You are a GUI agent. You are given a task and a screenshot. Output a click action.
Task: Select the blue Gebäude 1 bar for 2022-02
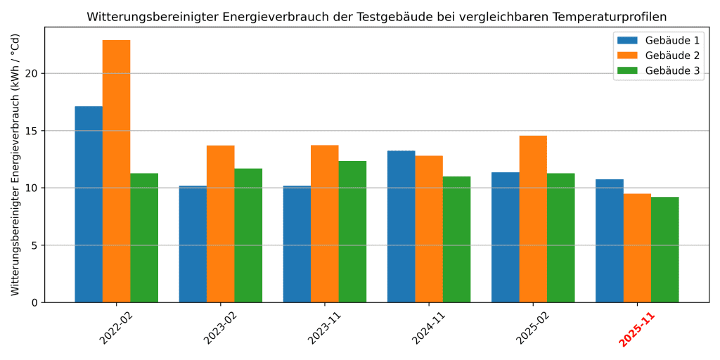click(89, 204)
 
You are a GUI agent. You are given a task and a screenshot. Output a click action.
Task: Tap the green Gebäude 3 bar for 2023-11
click(352, 231)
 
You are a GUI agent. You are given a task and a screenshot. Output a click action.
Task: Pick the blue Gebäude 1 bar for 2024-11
click(401, 226)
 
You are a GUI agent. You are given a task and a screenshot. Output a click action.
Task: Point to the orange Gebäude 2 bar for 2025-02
click(533, 219)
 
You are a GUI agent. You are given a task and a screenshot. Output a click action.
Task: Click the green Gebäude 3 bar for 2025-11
click(664, 250)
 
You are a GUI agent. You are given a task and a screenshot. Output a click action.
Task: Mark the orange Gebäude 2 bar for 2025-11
click(637, 247)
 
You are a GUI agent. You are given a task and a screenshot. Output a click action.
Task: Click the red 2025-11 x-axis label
click(636, 329)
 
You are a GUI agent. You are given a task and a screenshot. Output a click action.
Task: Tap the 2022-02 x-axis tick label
click(116, 328)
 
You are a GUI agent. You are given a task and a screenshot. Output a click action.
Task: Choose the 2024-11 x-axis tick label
click(428, 328)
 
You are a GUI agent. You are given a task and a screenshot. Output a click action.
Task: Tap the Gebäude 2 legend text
click(671, 56)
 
